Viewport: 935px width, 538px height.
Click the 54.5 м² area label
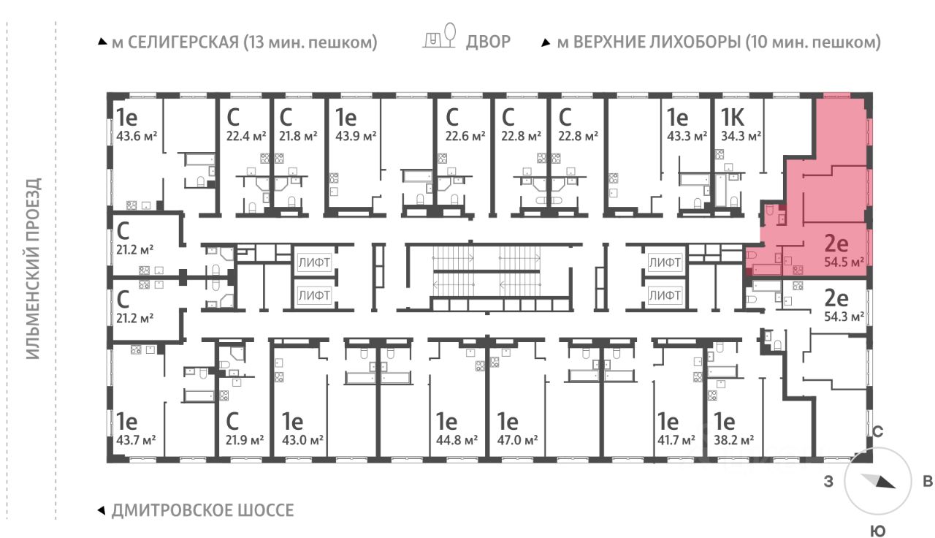(844, 262)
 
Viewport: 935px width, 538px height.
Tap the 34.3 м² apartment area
(741, 136)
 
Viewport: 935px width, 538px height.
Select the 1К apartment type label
(732, 117)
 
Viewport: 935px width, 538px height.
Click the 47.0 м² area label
(517, 440)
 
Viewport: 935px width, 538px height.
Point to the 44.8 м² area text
(457, 440)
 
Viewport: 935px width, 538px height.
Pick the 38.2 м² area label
(733, 440)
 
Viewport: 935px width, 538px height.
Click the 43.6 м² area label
(137, 136)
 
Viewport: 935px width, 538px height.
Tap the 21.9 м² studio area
(245, 440)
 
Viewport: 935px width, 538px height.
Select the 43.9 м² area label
(356, 136)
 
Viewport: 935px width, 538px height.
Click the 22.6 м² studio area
(465, 136)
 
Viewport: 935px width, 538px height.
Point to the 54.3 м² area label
(844, 317)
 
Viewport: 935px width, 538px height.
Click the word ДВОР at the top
(488, 42)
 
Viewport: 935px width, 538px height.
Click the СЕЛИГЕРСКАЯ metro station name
(183, 42)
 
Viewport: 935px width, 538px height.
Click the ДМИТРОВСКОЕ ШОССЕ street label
(203, 510)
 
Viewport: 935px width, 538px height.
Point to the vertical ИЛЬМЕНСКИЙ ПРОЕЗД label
(34, 268)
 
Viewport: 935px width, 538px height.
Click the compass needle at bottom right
(878, 481)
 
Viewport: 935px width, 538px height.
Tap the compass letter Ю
(878, 531)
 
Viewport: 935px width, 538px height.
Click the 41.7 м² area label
(676, 440)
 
